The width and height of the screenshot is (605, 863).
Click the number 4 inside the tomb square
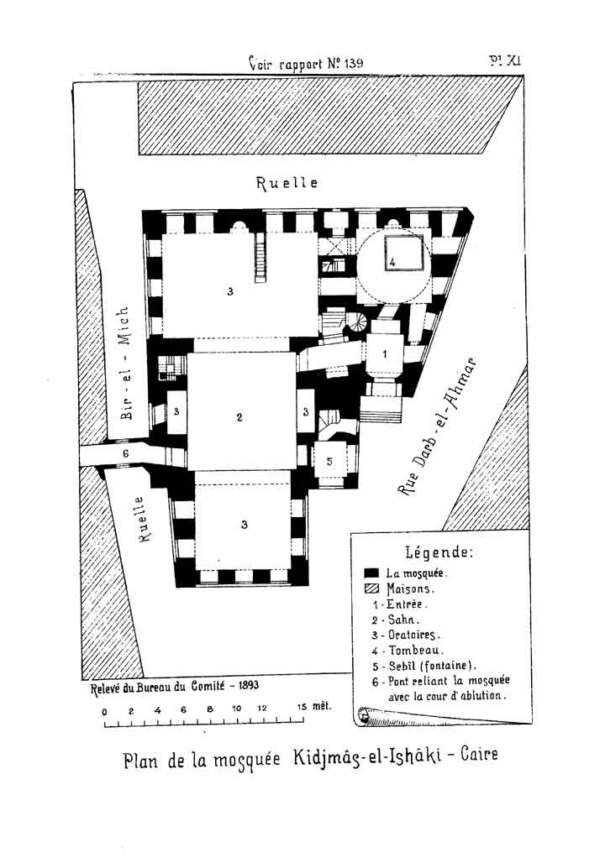click(x=392, y=262)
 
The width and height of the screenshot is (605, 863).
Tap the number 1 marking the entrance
click(x=385, y=354)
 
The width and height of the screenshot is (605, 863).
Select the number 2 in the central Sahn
click(x=239, y=416)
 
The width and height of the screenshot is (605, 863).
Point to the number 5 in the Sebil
click(x=329, y=461)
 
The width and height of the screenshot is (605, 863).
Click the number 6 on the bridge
click(x=125, y=453)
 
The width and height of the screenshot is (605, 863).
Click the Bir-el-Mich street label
click(x=125, y=363)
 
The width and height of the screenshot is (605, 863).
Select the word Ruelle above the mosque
click(x=287, y=183)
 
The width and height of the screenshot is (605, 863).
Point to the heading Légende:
click(x=439, y=552)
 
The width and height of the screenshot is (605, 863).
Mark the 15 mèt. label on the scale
click(x=313, y=706)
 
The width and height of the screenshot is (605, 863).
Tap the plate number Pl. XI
click(x=506, y=60)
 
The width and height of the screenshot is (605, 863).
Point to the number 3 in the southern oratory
click(x=245, y=525)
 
